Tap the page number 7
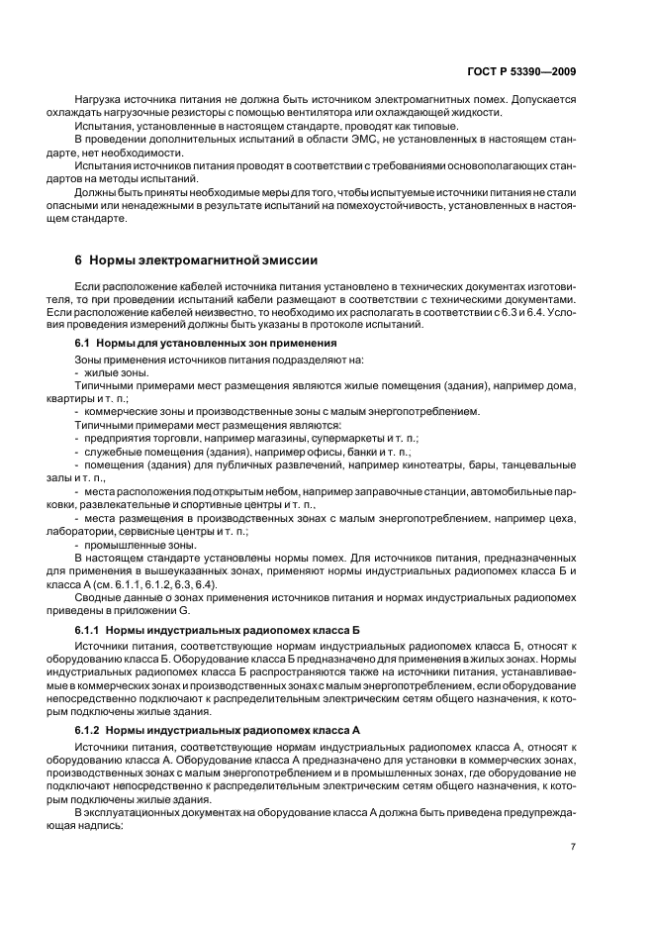coord(573,846)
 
